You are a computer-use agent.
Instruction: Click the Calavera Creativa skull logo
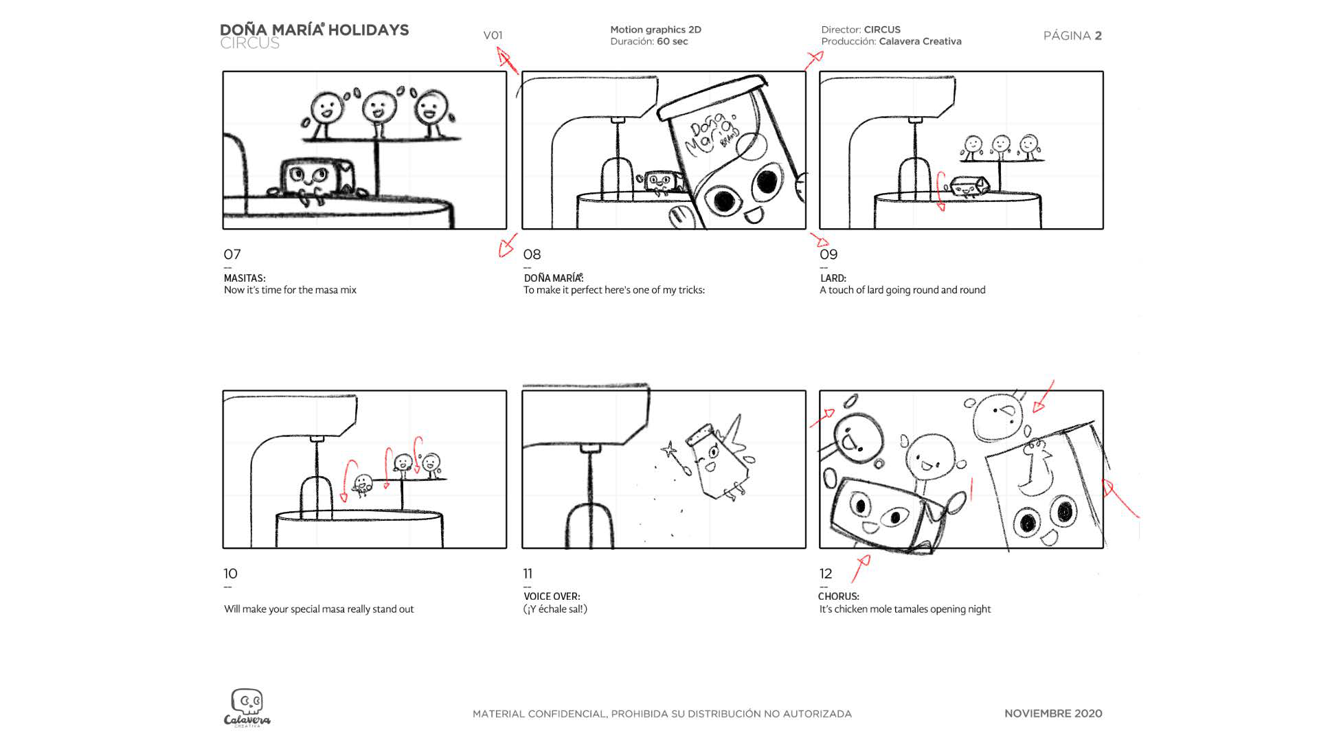point(247,707)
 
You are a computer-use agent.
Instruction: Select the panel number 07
point(232,254)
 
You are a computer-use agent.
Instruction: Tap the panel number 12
point(826,574)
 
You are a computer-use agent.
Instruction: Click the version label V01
point(493,36)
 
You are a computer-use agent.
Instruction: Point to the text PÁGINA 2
point(1072,36)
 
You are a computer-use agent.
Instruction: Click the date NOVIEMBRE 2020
point(1052,714)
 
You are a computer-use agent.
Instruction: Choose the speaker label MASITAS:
point(245,278)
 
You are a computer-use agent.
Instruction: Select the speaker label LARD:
point(833,278)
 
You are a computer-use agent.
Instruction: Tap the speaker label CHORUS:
point(838,596)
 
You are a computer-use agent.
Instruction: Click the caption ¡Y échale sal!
point(555,609)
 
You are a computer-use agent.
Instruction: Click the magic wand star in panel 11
point(667,451)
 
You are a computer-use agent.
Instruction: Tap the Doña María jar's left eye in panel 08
point(723,200)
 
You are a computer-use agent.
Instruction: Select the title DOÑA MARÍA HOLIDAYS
point(314,30)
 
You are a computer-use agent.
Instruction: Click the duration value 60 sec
point(672,42)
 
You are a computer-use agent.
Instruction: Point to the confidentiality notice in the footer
point(662,714)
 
